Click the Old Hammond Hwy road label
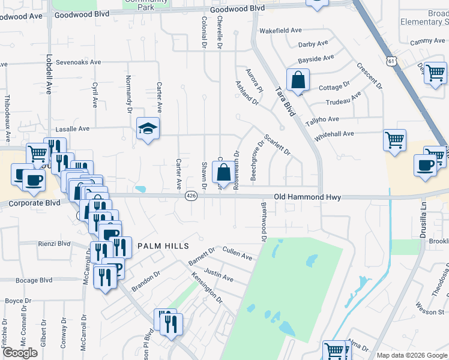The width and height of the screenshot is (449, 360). [307, 196]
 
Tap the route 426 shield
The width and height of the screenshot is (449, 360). [191, 196]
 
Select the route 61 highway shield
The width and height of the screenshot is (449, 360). [391, 61]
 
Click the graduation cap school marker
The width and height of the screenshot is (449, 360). [148, 128]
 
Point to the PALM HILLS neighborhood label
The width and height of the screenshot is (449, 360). [163, 246]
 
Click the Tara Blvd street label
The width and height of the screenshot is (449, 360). [286, 101]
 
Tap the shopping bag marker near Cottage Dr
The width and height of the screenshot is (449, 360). [298, 80]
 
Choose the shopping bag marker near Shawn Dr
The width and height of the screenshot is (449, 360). [223, 173]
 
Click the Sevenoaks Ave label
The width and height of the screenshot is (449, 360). [79, 62]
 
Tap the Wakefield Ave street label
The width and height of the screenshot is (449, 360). [280, 30]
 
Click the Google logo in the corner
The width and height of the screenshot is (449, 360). [20, 353]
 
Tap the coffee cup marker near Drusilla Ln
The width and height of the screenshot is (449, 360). [426, 166]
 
